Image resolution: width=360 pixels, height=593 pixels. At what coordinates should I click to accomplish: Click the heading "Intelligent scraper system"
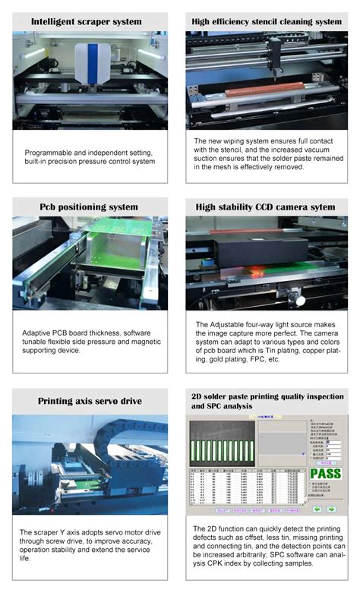point(90,21)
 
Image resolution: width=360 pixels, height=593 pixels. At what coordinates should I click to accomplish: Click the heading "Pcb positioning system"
point(90,207)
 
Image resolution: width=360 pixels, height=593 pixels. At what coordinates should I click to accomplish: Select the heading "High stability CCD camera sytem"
point(265,207)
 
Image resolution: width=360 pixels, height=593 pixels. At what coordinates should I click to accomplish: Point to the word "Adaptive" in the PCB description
point(40,333)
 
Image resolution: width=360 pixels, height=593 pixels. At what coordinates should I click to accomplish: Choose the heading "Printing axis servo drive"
point(90,401)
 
